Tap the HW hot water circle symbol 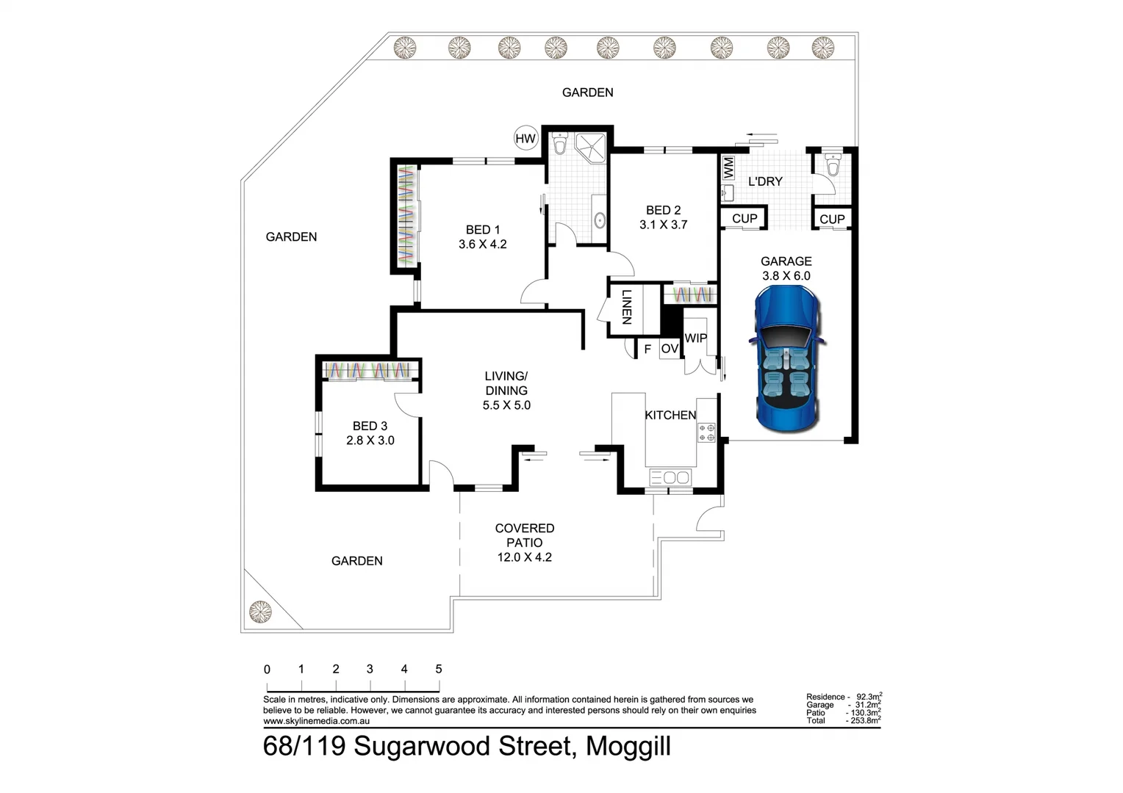(x=525, y=139)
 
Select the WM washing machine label (x=728, y=167)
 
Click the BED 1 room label (x=482, y=230)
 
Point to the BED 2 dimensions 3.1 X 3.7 (x=663, y=225)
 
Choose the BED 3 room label (x=370, y=426)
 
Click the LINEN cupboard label (x=626, y=308)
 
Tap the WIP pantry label (x=695, y=338)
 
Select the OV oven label (x=669, y=349)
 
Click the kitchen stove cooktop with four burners (x=706, y=432)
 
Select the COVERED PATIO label (x=524, y=535)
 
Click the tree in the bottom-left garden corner (x=260, y=611)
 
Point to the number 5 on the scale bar (x=439, y=669)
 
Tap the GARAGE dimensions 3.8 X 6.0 (x=786, y=276)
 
